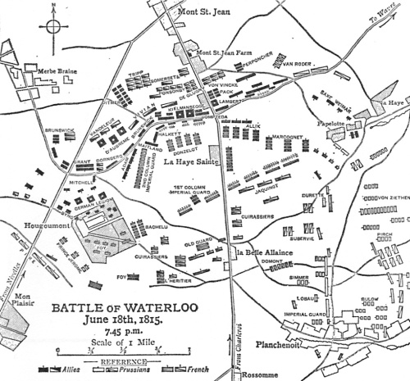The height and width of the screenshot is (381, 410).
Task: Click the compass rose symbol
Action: coord(53,25)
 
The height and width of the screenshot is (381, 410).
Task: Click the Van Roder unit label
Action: coord(298,63)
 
